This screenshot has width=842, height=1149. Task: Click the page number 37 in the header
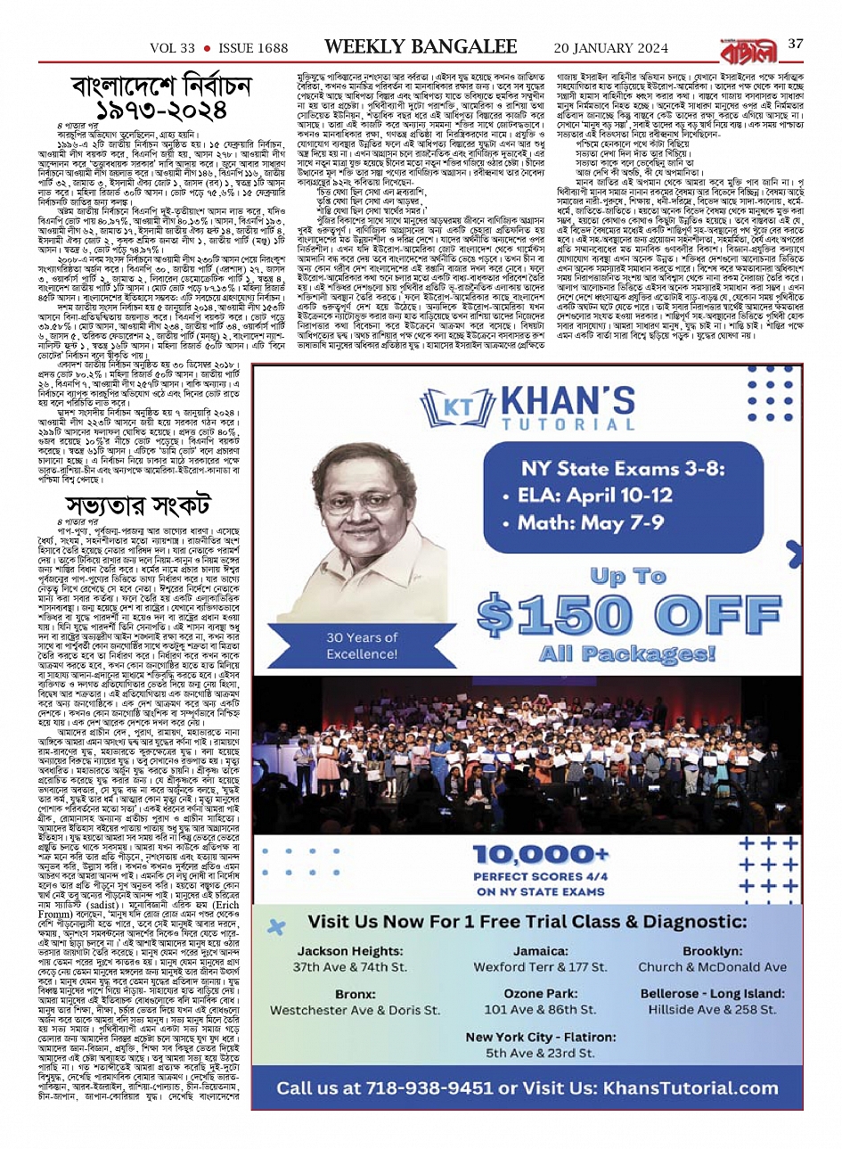(796, 44)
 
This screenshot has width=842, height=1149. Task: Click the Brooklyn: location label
(712, 950)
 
